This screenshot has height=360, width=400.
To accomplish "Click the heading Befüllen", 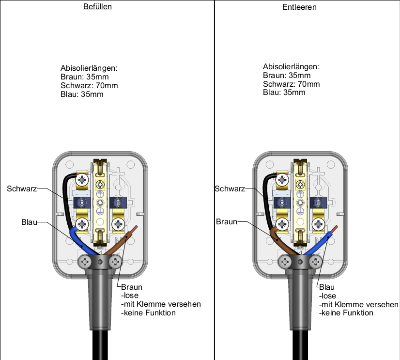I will click(x=98, y=7).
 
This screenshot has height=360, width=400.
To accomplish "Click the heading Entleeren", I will click(x=300, y=7).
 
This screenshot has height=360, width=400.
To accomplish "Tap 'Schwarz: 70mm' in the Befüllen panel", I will click(x=89, y=86).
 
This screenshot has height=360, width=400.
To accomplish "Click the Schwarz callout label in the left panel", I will click(x=22, y=188).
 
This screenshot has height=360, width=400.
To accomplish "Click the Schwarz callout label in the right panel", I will click(x=229, y=188).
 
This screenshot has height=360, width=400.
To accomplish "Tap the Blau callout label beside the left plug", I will click(x=29, y=222).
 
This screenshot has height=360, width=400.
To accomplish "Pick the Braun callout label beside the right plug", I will click(x=226, y=222).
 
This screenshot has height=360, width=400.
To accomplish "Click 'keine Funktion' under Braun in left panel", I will click(x=149, y=313).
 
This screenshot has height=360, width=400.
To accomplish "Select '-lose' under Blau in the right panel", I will click(x=328, y=296).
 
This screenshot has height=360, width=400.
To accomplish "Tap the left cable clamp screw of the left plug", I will click(x=85, y=262).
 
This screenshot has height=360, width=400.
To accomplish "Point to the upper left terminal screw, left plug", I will click(x=82, y=180).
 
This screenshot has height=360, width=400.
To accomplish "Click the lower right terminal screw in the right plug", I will click(x=318, y=224).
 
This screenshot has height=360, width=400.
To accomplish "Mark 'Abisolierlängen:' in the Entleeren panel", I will click(x=292, y=67).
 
